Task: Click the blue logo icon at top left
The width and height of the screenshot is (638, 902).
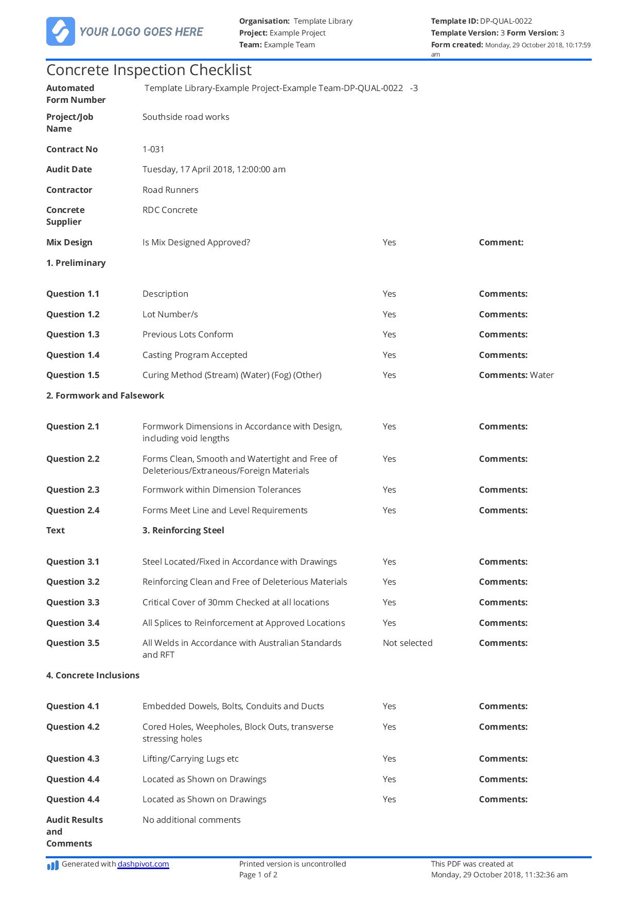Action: (x=61, y=31)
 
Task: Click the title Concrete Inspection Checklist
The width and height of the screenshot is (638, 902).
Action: (x=149, y=70)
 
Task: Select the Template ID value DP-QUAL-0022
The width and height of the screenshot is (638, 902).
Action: (x=506, y=21)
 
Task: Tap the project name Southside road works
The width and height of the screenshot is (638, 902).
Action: (x=186, y=117)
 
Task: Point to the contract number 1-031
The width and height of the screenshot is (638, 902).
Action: (x=153, y=149)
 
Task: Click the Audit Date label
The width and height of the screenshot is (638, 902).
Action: (x=69, y=169)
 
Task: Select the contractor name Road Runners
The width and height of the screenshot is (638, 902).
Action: (x=170, y=190)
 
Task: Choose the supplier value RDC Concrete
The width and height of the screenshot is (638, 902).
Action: (x=170, y=210)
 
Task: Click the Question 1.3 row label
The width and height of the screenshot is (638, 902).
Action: (x=73, y=334)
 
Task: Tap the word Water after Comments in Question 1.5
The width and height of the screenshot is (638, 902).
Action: (x=542, y=375)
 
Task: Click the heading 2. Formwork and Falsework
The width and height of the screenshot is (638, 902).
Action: (x=105, y=395)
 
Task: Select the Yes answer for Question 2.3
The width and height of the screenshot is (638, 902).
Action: (x=389, y=490)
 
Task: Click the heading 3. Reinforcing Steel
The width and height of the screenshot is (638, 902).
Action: (x=183, y=530)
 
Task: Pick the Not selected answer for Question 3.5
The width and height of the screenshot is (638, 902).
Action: (x=407, y=643)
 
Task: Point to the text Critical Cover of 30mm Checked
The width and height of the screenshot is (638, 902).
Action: (x=236, y=602)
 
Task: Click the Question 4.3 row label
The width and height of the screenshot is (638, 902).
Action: (x=73, y=759)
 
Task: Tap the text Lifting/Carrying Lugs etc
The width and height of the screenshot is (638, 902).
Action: (x=190, y=759)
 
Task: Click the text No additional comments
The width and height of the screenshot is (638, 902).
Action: (x=191, y=820)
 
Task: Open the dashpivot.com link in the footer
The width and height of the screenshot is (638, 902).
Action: (x=143, y=864)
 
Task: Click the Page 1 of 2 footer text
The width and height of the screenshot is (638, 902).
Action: (x=258, y=875)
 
